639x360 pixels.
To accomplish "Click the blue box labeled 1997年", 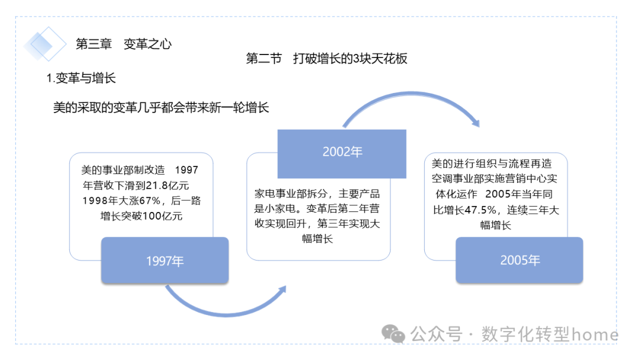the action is (164, 261).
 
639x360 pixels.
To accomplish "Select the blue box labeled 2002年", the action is (342, 152).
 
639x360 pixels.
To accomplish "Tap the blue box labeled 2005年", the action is (519, 261).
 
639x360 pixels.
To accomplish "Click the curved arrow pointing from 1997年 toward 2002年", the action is (225, 306).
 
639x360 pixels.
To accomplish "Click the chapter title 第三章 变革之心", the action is (124, 44).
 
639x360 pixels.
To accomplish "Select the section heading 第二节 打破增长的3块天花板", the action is (327, 59).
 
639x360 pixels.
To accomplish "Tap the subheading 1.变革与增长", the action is (81, 79).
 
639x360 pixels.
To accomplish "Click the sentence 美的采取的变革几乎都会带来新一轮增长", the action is (161, 108).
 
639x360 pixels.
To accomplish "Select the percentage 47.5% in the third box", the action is (480, 210).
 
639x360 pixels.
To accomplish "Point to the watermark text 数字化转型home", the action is (550, 335).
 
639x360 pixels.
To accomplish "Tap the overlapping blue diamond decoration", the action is (45, 43).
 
